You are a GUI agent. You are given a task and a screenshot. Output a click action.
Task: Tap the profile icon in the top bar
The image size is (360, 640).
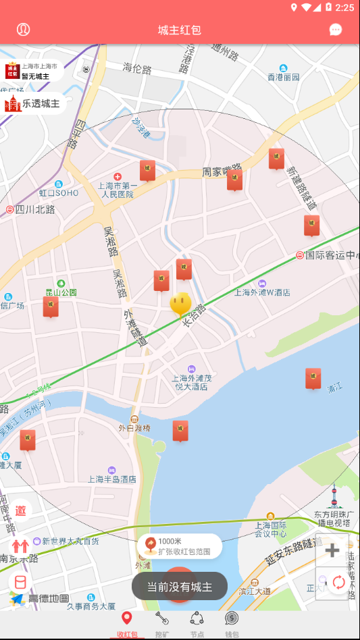(24, 30)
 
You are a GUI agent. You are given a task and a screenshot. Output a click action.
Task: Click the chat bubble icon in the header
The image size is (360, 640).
(336, 30)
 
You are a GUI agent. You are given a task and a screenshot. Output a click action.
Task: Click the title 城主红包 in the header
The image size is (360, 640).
(180, 30)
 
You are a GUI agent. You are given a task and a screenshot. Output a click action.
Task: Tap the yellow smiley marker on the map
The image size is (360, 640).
(180, 304)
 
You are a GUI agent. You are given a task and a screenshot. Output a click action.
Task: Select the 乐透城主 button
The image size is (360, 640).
(33, 104)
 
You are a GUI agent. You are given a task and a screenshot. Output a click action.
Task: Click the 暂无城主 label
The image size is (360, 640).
(34, 76)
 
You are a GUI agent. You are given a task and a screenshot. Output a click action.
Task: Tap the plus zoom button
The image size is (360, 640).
(332, 550)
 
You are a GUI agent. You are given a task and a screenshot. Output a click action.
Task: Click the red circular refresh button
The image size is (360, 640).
(338, 582)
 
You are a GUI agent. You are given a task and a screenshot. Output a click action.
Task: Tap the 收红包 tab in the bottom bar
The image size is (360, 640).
(126, 624)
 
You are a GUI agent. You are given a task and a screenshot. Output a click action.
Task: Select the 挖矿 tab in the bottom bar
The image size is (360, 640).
(162, 624)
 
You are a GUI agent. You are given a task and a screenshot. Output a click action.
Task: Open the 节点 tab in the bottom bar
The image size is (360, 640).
(197, 624)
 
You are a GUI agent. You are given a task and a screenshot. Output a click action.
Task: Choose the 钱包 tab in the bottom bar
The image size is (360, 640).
(232, 624)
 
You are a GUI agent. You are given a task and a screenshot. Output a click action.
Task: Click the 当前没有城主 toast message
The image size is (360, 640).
(180, 587)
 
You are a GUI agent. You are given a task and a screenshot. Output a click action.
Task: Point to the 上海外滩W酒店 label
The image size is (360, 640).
(262, 292)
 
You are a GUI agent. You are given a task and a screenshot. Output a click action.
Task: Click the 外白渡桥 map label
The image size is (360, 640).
(134, 427)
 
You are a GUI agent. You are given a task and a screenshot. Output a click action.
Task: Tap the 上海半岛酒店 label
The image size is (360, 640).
(112, 479)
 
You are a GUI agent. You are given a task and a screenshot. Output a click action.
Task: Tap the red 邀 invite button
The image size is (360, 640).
(20, 511)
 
